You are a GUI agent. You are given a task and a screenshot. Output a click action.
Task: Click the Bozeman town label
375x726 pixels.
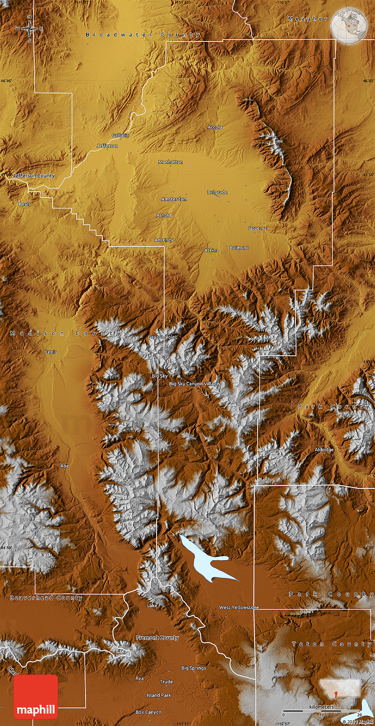tap(259, 228)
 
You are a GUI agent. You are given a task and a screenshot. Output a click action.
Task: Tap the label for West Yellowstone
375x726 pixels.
tap(239, 607)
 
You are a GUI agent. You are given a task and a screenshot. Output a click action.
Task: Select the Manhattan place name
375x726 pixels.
tap(170, 162)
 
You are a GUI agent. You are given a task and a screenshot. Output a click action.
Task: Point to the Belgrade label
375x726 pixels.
tap(217, 192)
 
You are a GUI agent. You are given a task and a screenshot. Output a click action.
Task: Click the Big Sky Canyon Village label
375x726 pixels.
tap(194, 384)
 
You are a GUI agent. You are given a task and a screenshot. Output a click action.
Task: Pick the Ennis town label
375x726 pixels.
tap(51, 352)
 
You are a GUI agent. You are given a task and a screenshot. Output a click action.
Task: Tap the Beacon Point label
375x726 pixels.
tap(162, 337)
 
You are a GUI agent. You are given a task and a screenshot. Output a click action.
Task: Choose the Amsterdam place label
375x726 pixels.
tap(174, 199)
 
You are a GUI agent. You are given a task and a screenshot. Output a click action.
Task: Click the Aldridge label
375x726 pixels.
tap(324, 450)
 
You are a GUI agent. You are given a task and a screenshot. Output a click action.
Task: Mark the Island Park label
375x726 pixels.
tap(159, 695)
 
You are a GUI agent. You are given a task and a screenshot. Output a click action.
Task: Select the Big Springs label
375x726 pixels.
tap(193, 668)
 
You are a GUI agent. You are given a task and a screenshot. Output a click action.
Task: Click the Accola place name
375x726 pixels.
tap(215, 127)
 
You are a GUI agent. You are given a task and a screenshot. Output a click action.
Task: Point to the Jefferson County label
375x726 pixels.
tap(34, 175)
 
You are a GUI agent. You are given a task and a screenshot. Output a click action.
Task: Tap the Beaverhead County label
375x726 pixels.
tap(46, 598)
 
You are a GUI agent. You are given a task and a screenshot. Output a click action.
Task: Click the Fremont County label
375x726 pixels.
tap(157, 638)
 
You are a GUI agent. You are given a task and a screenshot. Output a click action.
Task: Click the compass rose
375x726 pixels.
tap(30, 29)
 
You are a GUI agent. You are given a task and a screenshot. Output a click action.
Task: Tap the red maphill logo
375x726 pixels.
tap(36, 696)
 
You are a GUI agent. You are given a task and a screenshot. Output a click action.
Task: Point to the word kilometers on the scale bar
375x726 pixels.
tap(322, 707)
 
